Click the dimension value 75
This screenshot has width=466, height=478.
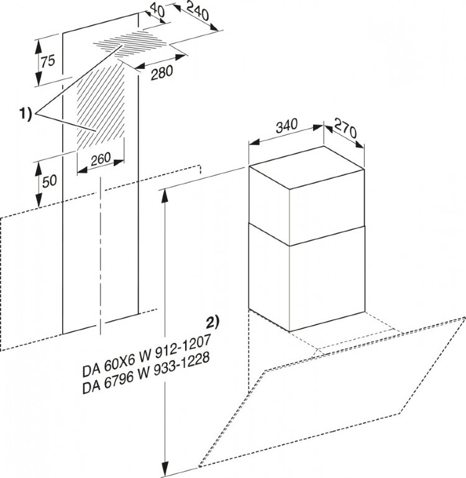point(48,61)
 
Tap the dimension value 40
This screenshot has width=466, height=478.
point(158,11)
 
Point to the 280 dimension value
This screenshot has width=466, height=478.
point(162,73)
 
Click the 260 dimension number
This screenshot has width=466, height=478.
point(101,159)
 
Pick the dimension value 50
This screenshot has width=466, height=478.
point(49,181)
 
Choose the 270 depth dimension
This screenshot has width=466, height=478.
point(345,128)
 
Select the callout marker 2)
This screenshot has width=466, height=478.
point(212,323)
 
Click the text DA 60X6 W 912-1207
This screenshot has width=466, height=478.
point(146,356)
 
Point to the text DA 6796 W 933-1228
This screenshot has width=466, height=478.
point(146,374)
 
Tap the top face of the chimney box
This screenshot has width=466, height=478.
point(306,168)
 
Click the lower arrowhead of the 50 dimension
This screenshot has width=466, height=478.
point(39,201)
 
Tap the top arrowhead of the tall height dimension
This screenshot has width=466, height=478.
point(165,195)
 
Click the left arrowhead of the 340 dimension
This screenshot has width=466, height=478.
point(255,142)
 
